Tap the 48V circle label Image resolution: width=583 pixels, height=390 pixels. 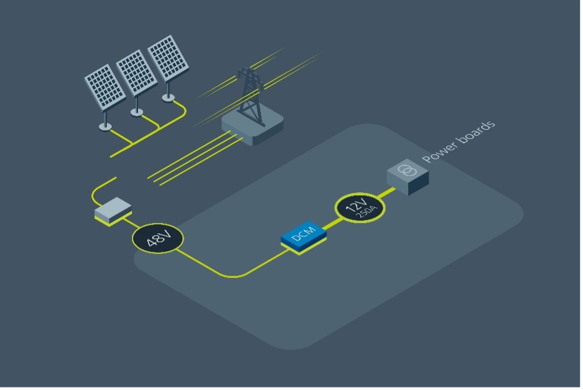[158, 238]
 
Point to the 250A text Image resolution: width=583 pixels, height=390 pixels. [366, 212]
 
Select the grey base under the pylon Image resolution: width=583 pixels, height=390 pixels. [252, 127]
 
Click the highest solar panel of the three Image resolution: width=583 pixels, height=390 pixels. [168, 58]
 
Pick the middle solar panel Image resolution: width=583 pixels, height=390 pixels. [137, 73]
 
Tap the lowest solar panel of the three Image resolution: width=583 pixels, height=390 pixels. [105, 88]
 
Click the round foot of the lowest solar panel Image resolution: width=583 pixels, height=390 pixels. [106, 127]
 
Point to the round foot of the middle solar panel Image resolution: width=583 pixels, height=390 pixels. [137, 112]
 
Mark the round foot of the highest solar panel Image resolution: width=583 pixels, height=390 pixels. [168, 98]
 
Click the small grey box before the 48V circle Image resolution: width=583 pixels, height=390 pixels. [113, 211]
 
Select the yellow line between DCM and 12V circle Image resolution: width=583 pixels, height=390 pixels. [333, 224]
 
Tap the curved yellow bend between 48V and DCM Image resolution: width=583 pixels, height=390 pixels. [233, 276]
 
